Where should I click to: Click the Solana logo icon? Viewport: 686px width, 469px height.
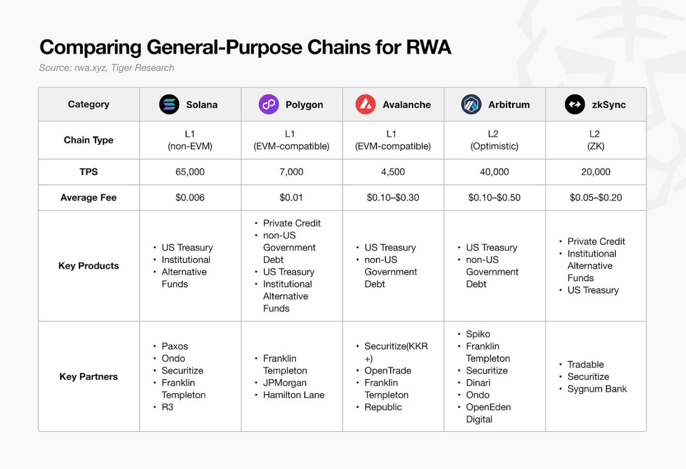click(x=169, y=105)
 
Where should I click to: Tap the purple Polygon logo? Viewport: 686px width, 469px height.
click(x=269, y=105)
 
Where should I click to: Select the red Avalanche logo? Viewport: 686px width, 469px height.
click(x=366, y=105)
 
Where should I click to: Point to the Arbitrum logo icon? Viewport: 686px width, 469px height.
click(x=471, y=105)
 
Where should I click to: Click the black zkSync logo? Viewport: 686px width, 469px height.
click(x=574, y=105)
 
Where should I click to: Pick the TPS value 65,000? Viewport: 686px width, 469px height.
click(x=190, y=172)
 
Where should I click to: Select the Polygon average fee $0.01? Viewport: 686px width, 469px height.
click(x=292, y=198)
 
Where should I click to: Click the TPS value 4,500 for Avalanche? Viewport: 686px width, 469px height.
click(x=393, y=172)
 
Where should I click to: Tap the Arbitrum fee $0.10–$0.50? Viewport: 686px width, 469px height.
click(x=494, y=198)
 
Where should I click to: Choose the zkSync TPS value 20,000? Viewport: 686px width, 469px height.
click(x=596, y=172)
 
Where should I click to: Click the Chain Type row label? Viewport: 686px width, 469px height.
click(x=88, y=140)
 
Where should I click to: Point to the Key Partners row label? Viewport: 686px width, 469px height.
click(x=88, y=376)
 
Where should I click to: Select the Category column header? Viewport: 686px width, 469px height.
click(x=88, y=104)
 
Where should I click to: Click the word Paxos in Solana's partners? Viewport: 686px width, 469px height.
click(x=174, y=346)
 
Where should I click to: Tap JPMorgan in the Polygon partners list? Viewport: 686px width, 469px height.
click(x=285, y=383)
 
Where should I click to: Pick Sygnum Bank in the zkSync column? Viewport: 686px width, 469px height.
click(x=597, y=389)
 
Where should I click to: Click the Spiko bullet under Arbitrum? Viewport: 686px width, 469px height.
click(x=478, y=334)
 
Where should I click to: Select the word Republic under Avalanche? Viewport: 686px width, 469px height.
click(x=383, y=407)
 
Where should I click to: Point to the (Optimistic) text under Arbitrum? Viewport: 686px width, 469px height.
click(x=494, y=146)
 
